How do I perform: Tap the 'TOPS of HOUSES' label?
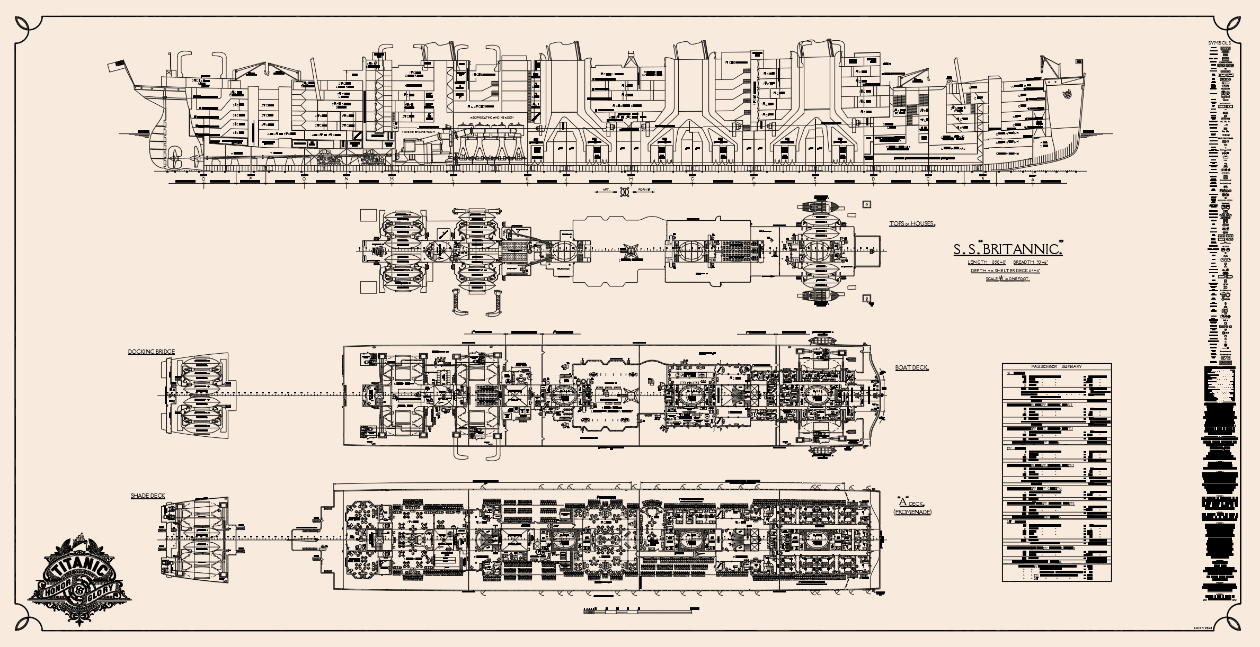(912, 223)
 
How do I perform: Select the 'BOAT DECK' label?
(911, 367)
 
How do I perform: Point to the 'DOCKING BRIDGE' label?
(151, 352)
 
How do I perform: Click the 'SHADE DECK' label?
(148, 496)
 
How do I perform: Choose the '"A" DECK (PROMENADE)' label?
(912, 507)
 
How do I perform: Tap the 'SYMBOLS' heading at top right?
(1218, 43)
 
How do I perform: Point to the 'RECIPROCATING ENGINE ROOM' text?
(491, 116)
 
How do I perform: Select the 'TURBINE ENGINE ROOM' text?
(422, 131)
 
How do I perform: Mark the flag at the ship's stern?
(116, 66)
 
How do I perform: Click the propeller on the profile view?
(174, 157)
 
